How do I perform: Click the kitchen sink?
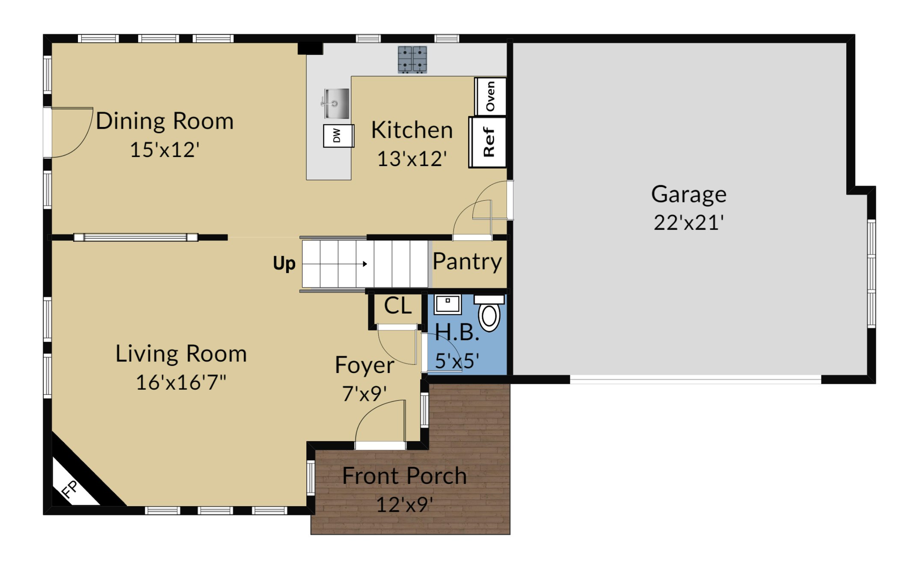(x=335, y=104)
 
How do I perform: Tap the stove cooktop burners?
(x=412, y=59)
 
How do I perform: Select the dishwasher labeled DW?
(x=338, y=136)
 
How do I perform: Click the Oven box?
(x=491, y=96)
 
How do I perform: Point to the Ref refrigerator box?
(x=488, y=142)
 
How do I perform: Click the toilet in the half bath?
(x=489, y=313)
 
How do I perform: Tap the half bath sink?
(x=448, y=304)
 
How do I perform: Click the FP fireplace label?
(x=70, y=489)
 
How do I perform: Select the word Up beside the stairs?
(x=284, y=264)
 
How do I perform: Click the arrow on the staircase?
(x=335, y=264)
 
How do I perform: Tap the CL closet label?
(x=397, y=305)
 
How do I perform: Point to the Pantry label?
(x=467, y=261)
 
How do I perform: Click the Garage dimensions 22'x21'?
(x=688, y=223)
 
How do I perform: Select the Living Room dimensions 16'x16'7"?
(x=181, y=382)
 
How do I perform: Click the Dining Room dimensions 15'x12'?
(x=165, y=150)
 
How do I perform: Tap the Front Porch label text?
(x=404, y=476)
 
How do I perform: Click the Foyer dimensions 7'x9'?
(x=365, y=394)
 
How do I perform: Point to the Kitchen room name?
(x=412, y=130)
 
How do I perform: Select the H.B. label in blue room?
(x=457, y=332)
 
